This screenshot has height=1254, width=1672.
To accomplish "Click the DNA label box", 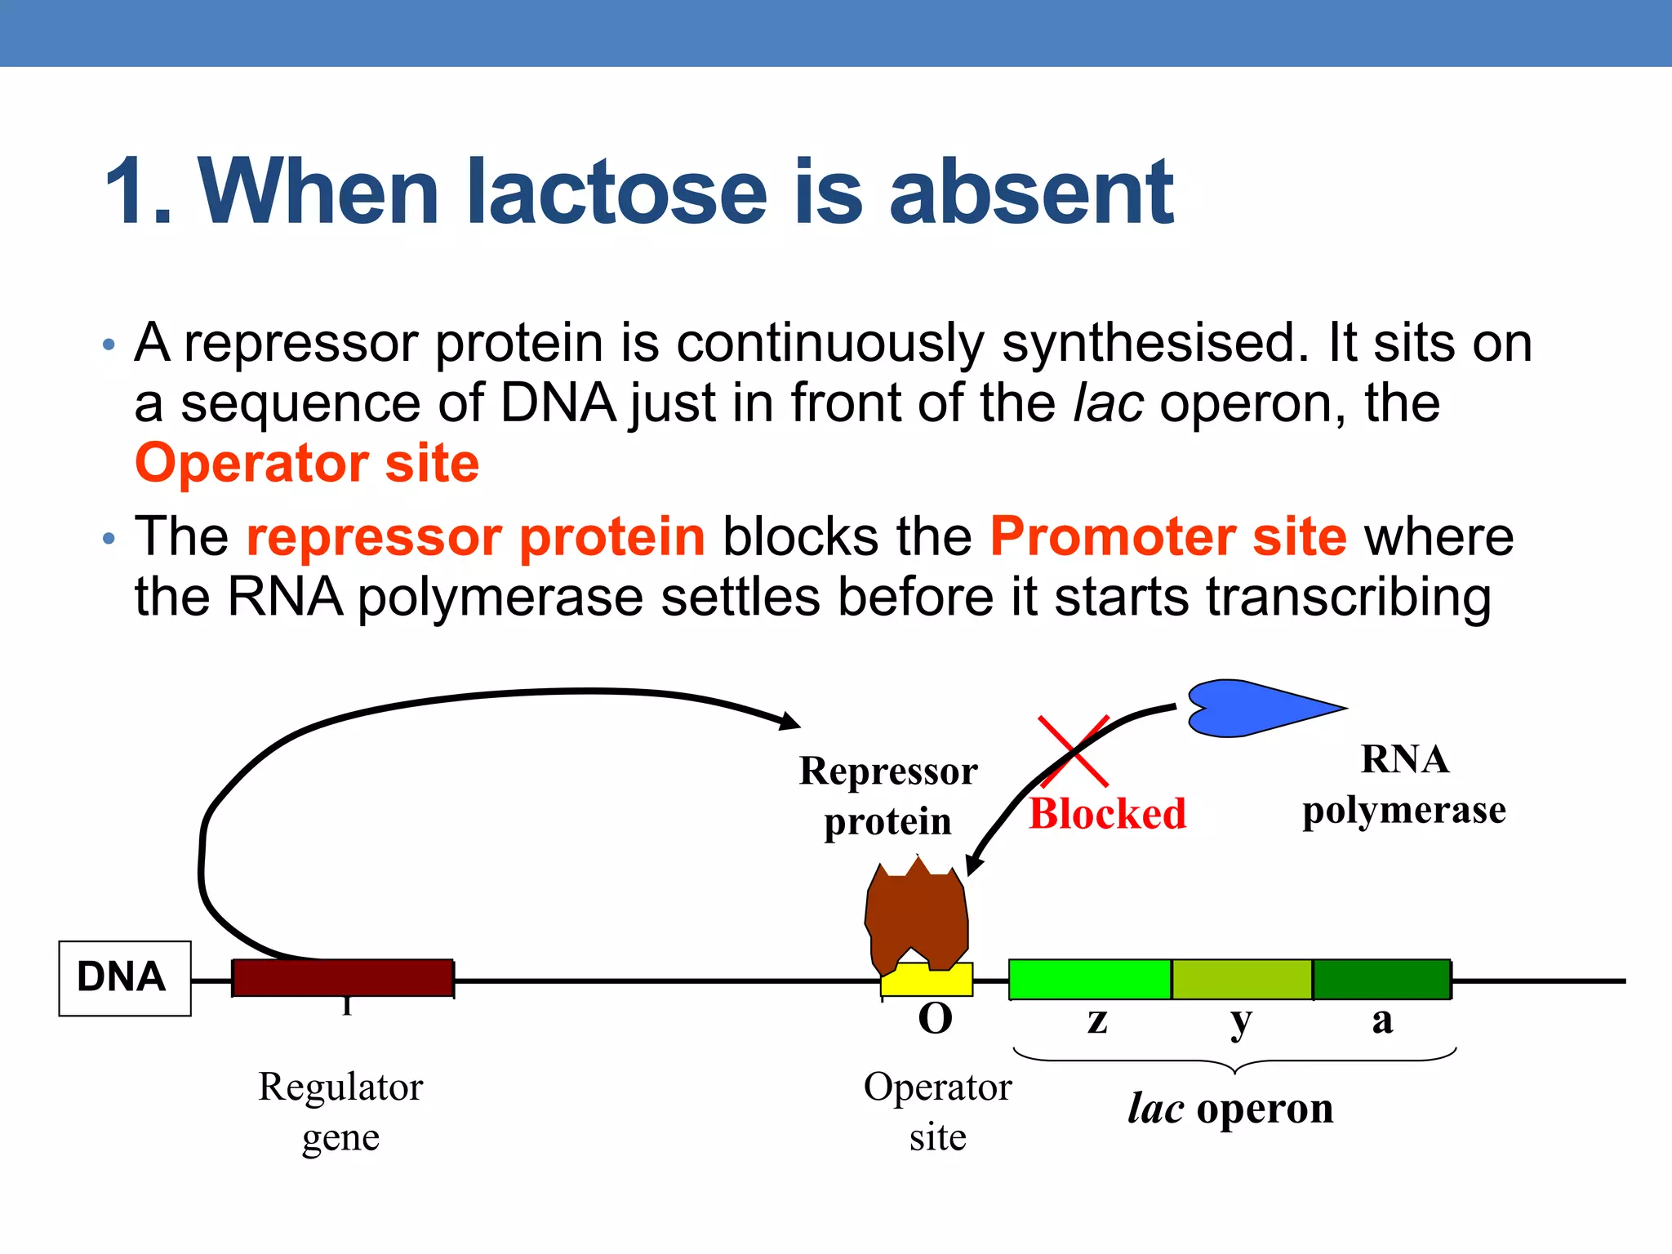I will coord(124,977).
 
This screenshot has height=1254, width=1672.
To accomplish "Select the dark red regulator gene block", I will coord(343,978).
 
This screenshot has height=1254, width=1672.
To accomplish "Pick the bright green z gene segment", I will coord(1090,979).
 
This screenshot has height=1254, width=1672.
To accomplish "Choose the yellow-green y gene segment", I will coord(1242,979).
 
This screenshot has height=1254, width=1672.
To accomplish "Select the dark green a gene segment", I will coord(1381,979).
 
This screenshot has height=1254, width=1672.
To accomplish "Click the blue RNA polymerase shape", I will coord(1249,707).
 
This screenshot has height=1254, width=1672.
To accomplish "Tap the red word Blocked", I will coord(1107,814).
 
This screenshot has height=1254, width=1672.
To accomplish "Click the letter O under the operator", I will coord(936,1019).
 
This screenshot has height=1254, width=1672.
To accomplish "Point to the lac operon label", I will coord(1230,1109).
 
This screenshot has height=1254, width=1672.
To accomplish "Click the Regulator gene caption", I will coord(341,1111).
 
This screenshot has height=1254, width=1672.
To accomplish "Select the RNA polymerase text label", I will coord(1404,785).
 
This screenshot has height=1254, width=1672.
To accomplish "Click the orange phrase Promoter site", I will coord(1167,536).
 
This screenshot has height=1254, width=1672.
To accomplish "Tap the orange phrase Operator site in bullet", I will coord(307,463).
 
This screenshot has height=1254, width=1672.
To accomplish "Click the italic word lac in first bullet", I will coord(1108,403).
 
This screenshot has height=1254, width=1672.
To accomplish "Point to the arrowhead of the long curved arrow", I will coord(790,722).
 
